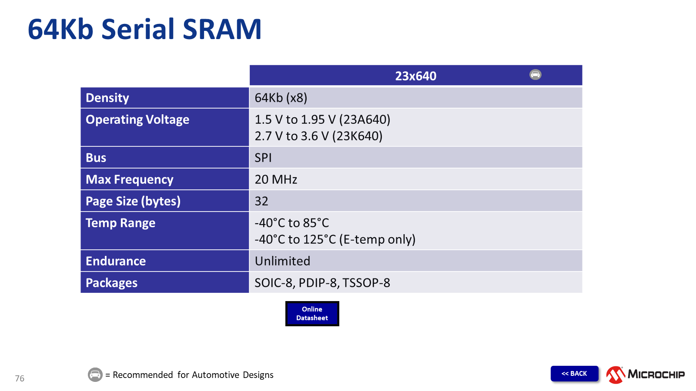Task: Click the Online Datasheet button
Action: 312,313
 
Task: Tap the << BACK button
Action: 574,373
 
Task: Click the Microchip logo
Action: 646,374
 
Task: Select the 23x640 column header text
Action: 416,76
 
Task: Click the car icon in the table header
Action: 535,74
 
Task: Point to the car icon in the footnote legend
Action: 95,374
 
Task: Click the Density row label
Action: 107,98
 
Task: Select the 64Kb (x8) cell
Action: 281,98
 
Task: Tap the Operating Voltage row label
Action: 137,119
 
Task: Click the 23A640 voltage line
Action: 322,119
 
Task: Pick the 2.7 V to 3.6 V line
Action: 318,136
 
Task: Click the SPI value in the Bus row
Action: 263,158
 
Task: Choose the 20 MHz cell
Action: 276,179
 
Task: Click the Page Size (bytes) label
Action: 133,201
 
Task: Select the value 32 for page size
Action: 261,201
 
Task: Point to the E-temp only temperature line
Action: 335,239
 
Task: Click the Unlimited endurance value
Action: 282,261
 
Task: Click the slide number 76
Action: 20,378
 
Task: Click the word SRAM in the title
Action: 222,29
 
